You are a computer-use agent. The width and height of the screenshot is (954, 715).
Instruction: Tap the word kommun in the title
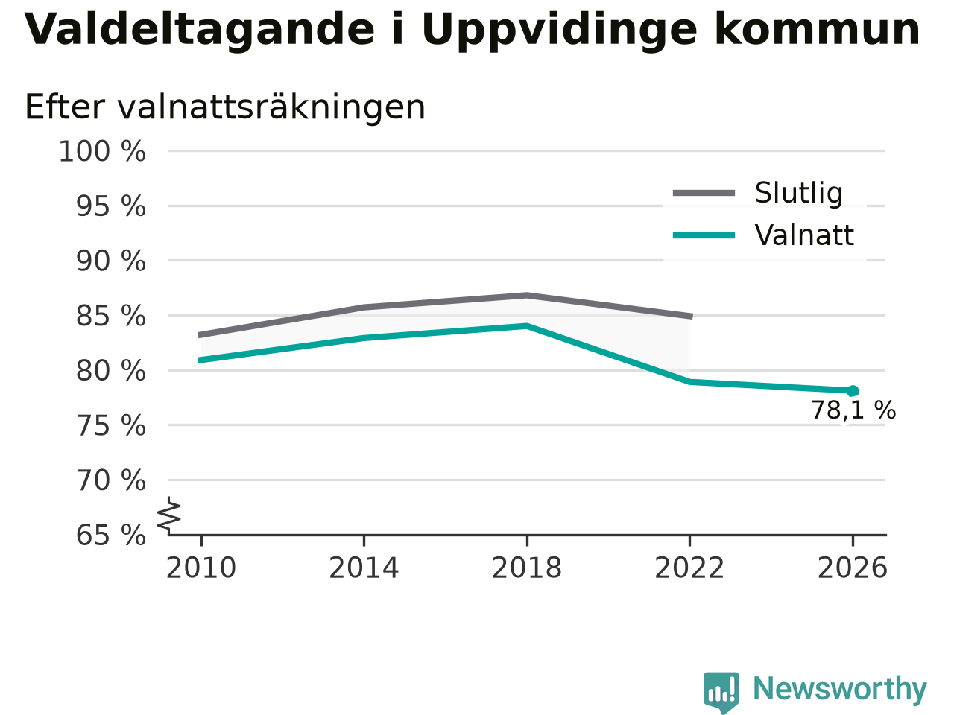coord(817,30)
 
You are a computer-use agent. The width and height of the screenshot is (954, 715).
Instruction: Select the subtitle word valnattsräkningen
coord(271,107)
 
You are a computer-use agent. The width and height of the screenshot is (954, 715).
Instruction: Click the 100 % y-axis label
coord(102,151)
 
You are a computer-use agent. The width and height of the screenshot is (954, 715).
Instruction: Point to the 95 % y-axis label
coord(111,206)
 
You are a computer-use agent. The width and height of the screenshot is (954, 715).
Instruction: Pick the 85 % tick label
coord(111,316)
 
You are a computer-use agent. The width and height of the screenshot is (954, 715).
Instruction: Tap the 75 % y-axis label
coord(111,425)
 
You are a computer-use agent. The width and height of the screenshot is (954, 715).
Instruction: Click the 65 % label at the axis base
coord(111,535)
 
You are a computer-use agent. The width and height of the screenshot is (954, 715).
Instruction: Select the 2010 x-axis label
coord(200,568)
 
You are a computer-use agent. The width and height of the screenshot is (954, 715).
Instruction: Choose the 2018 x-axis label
coord(527,568)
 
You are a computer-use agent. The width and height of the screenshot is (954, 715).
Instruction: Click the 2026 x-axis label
coord(853,568)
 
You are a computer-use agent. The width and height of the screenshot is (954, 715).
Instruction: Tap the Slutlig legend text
coord(799,193)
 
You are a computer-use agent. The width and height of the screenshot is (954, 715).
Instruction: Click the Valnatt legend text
coord(804,235)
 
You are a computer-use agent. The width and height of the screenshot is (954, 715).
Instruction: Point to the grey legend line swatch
coord(704,193)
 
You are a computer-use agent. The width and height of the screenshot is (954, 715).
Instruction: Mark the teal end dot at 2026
coord(853,391)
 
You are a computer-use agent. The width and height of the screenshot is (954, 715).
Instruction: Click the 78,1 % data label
coord(853,410)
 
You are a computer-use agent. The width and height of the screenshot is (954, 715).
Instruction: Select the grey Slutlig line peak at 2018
coord(527,296)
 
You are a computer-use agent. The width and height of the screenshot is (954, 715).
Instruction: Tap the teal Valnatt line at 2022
coord(689,381)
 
